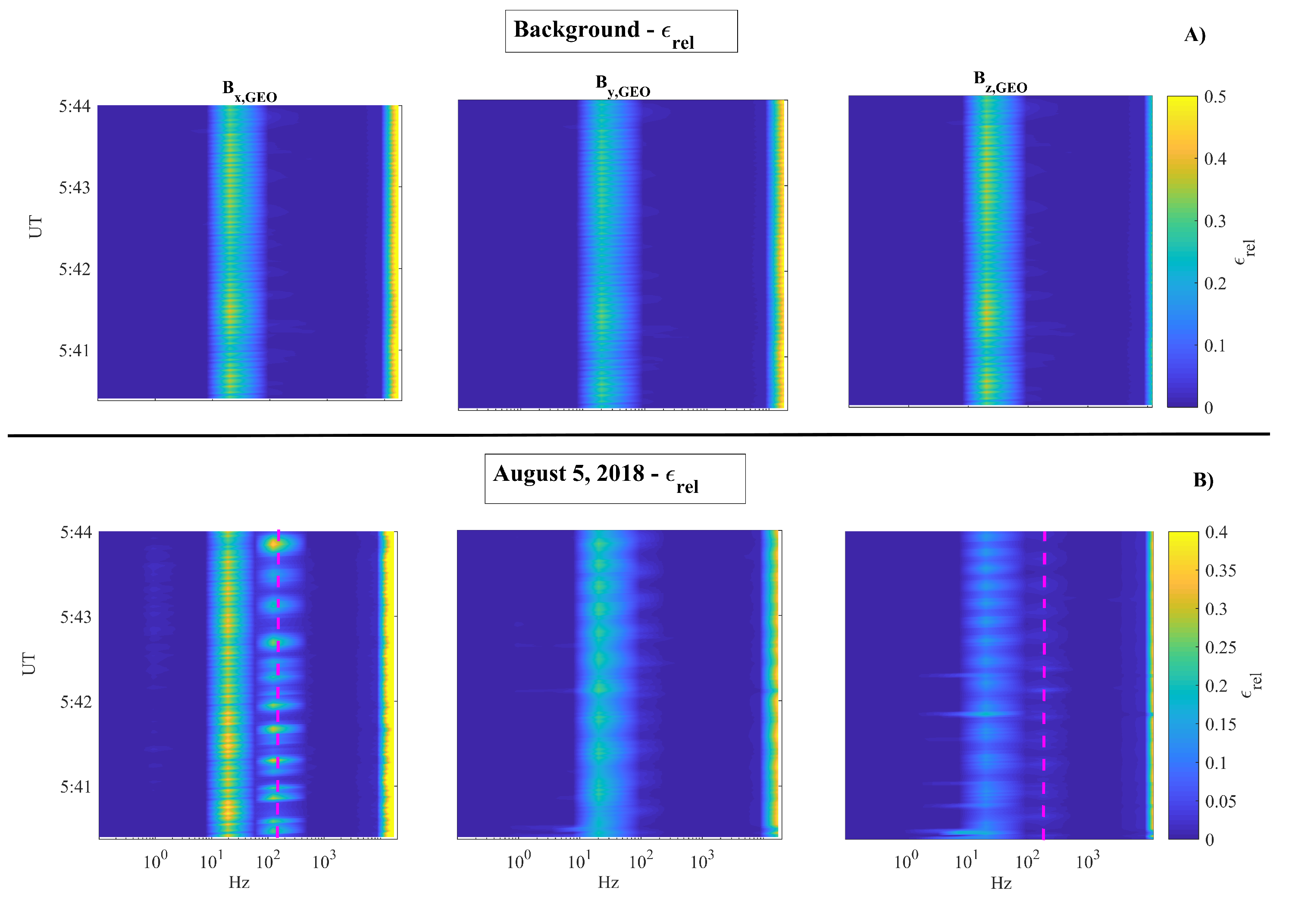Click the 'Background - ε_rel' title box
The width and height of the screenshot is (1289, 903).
click(620, 31)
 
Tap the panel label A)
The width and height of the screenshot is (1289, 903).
click(1194, 35)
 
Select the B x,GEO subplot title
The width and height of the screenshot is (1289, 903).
click(249, 91)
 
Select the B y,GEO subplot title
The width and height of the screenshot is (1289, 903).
click(622, 86)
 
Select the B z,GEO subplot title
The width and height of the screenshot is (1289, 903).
click(999, 82)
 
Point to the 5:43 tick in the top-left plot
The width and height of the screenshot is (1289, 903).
click(74, 188)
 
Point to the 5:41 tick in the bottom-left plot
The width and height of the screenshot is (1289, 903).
click(75, 787)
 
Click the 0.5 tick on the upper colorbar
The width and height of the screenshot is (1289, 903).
click(1214, 97)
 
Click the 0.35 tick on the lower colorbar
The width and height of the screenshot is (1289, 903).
click(1220, 571)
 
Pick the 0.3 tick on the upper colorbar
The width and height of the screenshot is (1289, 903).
click(1214, 221)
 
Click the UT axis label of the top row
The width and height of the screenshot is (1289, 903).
click(35, 227)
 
